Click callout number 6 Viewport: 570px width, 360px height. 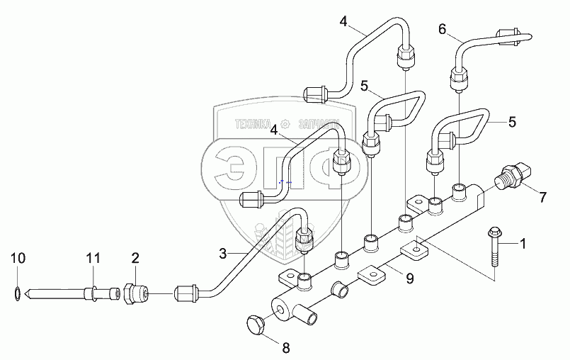[x=443, y=29]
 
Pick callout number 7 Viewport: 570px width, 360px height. [x=543, y=195]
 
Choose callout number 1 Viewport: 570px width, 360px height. [x=523, y=244]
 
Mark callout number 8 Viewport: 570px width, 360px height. [x=285, y=348]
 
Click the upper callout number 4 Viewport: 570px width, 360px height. [x=343, y=21]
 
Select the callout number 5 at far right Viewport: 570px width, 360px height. [x=512, y=122]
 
